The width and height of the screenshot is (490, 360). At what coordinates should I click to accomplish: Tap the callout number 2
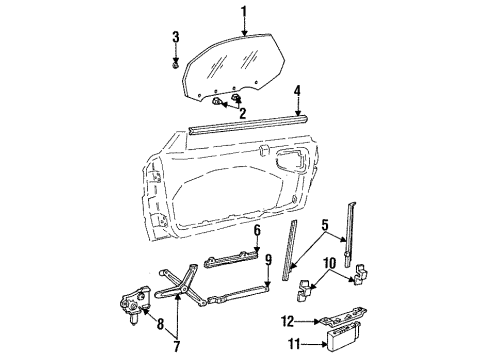click(x=241, y=113)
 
